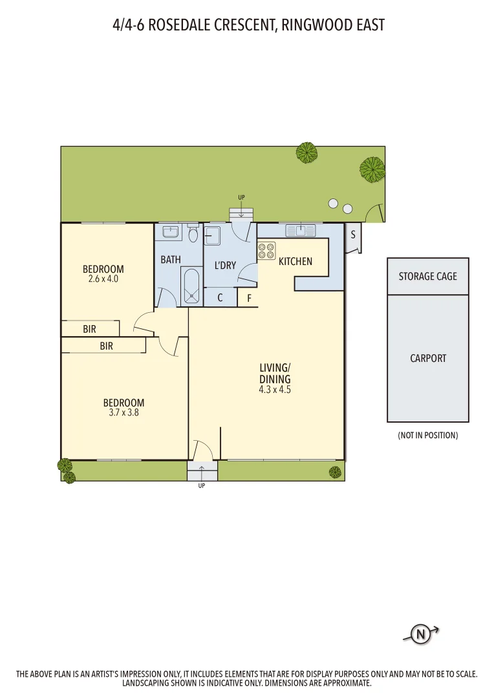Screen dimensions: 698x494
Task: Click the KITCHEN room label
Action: (295, 262)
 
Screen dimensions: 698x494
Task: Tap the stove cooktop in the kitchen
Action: (266, 251)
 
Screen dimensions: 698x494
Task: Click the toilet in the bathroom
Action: (193, 234)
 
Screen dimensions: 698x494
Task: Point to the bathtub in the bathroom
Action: (192, 286)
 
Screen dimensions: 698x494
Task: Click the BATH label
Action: (171, 260)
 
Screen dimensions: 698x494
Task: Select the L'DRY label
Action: (225, 265)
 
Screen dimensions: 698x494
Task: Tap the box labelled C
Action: (220, 298)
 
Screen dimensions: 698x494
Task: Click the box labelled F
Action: (249, 299)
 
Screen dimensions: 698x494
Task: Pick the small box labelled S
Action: (353, 235)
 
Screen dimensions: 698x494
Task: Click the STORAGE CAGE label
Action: (427, 276)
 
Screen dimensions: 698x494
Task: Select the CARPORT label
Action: (428, 358)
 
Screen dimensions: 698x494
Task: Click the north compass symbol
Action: (421, 635)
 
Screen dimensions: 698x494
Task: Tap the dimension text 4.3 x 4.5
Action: (275, 390)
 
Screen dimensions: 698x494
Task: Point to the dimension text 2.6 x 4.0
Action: (103, 279)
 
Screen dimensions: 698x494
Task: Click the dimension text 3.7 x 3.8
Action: (124, 412)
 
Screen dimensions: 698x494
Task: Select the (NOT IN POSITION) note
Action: (427, 436)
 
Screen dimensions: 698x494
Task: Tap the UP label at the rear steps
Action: (241, 197)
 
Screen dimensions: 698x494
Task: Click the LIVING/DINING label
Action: (275, 374)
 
